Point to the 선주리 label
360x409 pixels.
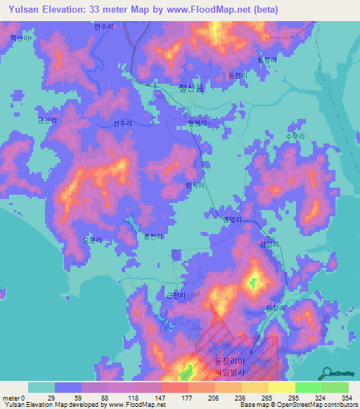coord(122,123)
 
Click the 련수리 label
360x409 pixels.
coord(103,27)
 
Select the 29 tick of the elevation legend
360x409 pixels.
coord(50,398)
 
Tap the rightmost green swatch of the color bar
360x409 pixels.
coord(335,388)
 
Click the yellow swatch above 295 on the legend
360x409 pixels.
coord(282,388)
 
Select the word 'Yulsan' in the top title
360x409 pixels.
coord(25,10)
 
